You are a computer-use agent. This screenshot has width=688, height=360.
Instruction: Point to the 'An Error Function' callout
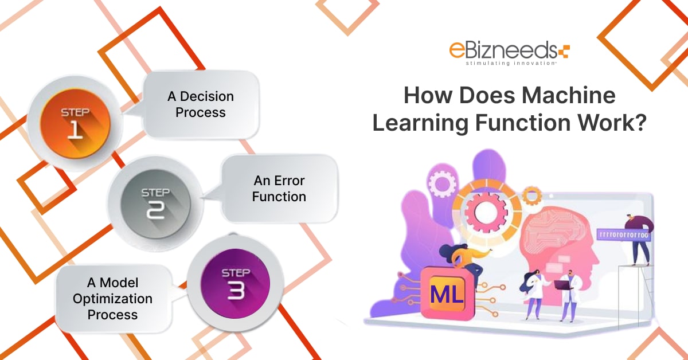point(279,189)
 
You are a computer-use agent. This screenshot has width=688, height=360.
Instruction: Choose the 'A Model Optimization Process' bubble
point(112,299)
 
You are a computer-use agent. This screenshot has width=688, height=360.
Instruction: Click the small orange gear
point(532,196)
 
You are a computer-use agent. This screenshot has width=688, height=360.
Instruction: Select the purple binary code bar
point(624,236)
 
